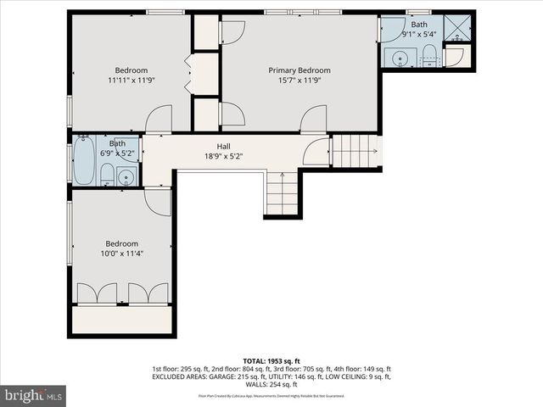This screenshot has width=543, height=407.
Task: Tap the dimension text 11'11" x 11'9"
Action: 132,81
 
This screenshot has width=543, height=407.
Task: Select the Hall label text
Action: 223,146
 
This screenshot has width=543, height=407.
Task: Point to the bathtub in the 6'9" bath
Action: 84,162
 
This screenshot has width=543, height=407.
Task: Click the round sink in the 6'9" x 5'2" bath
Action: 126,177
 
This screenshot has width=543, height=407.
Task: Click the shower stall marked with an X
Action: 459,27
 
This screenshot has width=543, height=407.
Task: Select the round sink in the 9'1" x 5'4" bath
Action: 399,57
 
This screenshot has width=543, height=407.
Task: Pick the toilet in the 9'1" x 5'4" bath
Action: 430,59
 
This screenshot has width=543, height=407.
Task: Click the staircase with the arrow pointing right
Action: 355,152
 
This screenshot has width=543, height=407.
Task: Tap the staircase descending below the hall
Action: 282,192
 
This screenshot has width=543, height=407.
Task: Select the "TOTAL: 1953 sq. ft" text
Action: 271,360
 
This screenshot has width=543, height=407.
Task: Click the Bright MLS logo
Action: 34,394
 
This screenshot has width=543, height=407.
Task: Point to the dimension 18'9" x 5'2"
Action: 223,156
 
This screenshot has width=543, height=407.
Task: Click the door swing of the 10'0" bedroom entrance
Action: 158,200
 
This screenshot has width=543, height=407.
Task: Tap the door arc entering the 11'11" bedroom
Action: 159,120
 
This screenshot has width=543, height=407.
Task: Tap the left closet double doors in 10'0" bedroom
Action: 97,293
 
